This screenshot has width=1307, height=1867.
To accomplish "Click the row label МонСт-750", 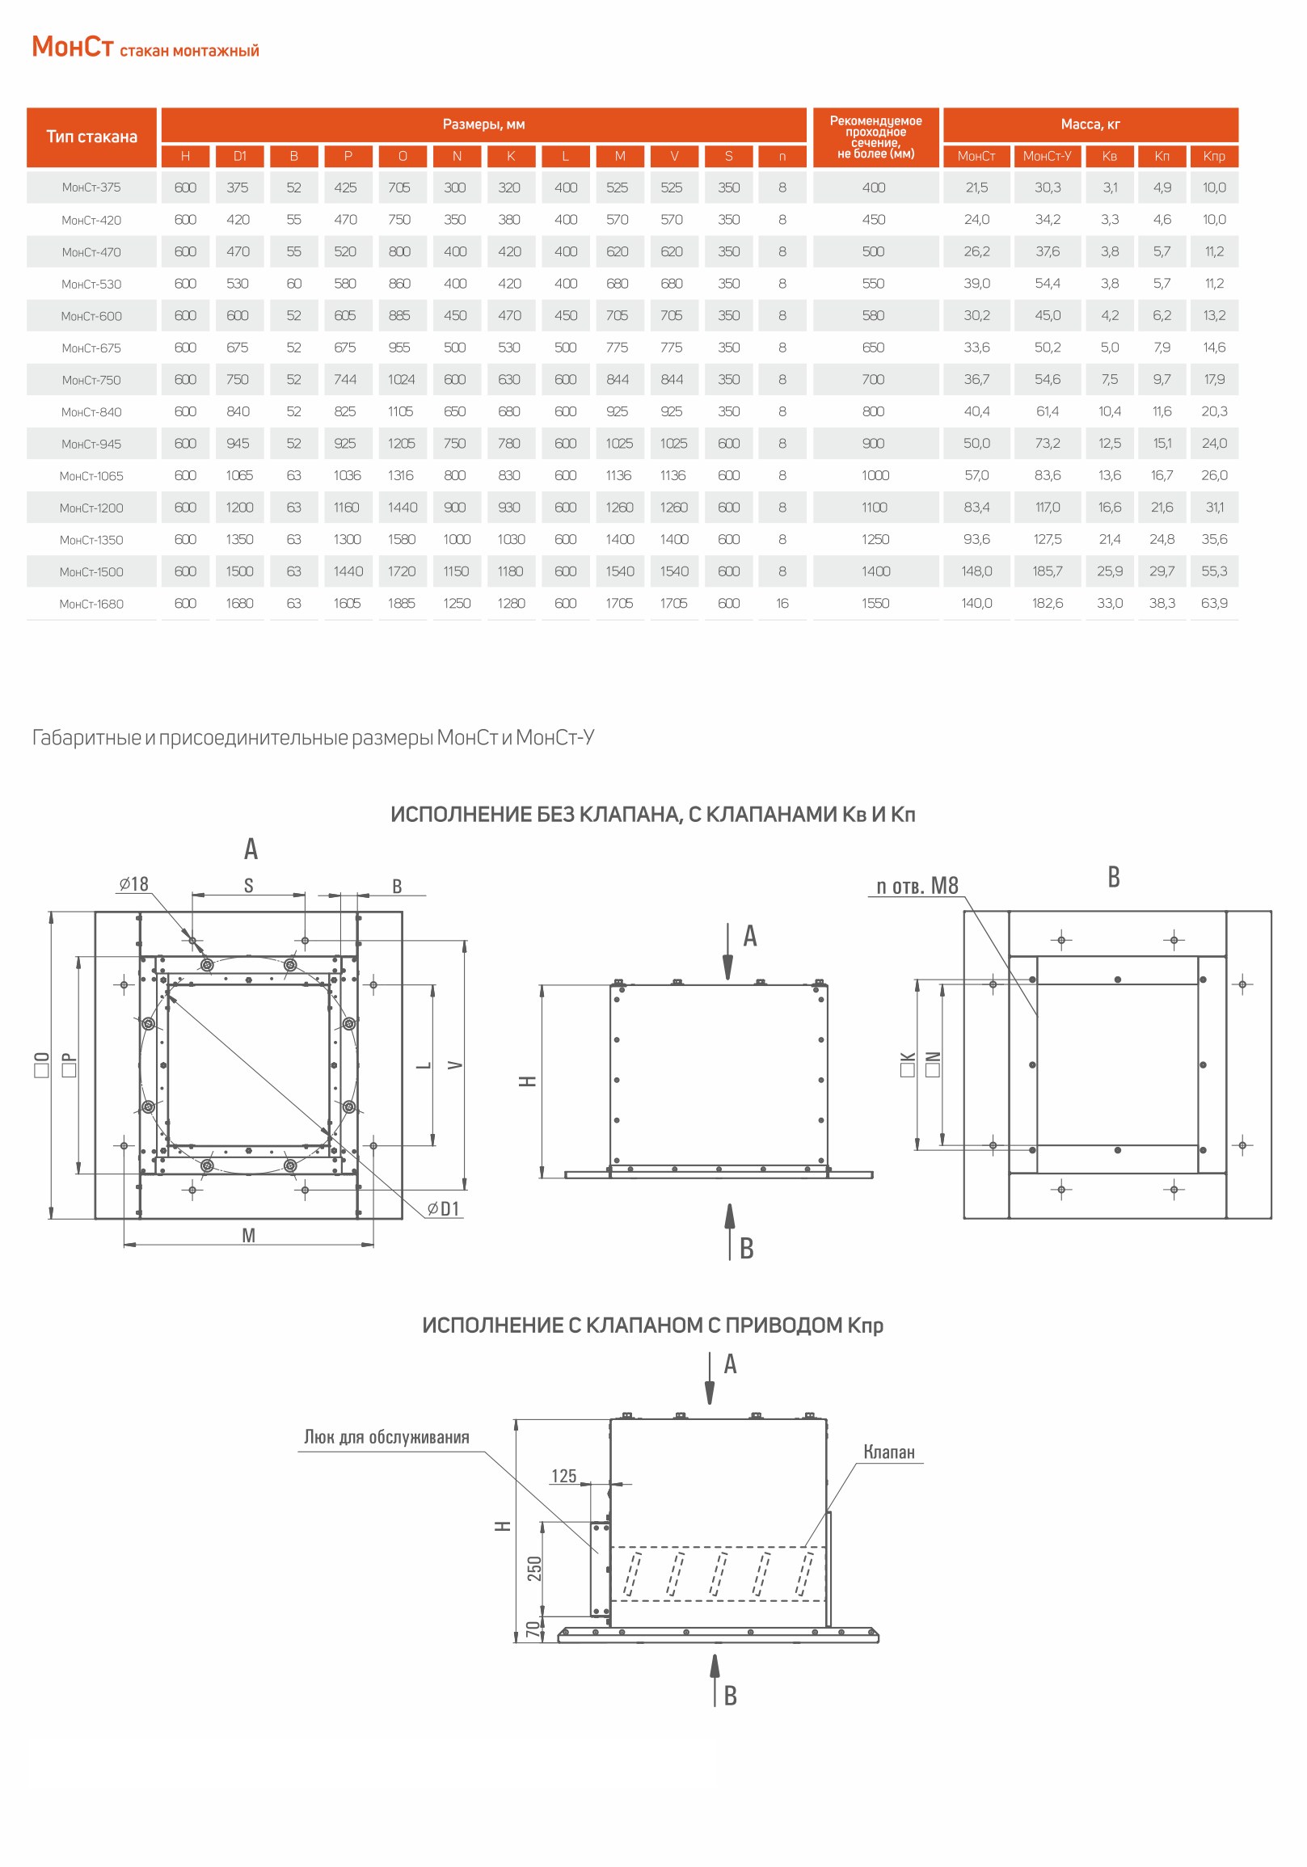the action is tap(91, 381).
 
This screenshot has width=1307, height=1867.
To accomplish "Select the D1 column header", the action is tap(240, 156).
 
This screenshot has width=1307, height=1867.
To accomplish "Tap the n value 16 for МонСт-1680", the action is tap(782, 604).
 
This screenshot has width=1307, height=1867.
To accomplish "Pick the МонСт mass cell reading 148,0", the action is tap(976, 571).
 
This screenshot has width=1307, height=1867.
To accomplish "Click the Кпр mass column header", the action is tap(1213, 156).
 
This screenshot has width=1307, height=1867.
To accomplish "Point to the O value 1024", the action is tap(402, 380).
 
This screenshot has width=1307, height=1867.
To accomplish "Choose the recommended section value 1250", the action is tap(876, 539).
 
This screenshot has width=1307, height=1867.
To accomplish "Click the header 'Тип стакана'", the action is tap(92, 137).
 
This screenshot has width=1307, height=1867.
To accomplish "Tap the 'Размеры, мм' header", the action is tap(484, 124).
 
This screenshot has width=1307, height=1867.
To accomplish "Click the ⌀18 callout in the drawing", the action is tap(134, 884).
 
